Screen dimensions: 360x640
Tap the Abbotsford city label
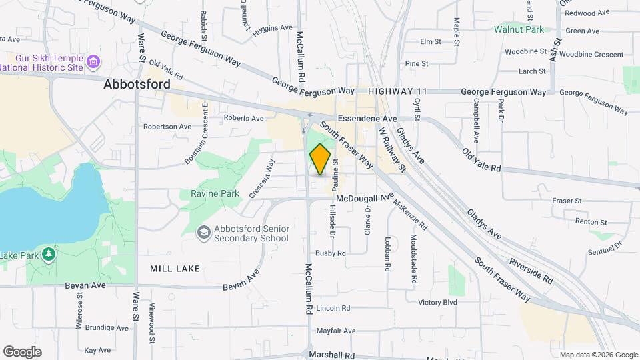pos(137,85)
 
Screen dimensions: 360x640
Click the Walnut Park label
pos(519,29)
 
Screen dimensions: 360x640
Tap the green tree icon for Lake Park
pos(48,255)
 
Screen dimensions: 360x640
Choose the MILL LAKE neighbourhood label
pos(175,268)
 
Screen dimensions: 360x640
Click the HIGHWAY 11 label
pos(396,91)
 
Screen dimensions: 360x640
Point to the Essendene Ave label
pos(367,118)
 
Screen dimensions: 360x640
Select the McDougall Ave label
pos(365,198)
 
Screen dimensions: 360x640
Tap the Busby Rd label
pos(331,253)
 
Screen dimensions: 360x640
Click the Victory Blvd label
pos(437,302)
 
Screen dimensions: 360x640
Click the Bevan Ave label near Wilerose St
pos(85,285)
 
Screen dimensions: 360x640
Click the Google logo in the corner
pos(22,351)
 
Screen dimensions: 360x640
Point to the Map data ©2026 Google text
pos(598,355)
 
